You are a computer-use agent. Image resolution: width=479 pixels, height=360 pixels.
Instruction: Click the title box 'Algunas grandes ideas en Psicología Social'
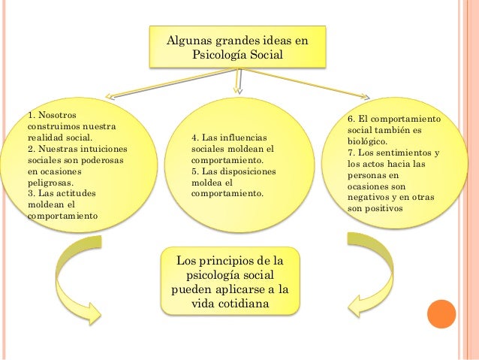point(237,47)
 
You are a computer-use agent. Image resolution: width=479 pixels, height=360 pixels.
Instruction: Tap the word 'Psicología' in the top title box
point(219,55)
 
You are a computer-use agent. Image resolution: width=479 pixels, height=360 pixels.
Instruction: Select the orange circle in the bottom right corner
point(441,315)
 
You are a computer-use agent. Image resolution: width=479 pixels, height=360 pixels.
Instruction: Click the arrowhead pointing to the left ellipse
point(110,96)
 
